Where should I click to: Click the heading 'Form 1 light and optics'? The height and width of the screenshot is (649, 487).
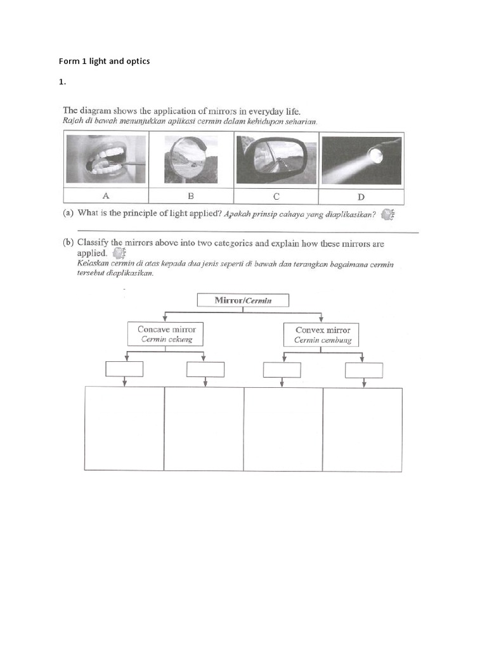pyautogui.click(x=104, y=61)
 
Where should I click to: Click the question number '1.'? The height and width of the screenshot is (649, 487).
pyautogui.click(x=62, y=82)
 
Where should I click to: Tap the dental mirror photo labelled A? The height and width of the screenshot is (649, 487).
pyautogui.click(x=106, y=159)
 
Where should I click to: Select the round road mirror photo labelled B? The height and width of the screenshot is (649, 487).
pyautogui.click(x=191, y=159)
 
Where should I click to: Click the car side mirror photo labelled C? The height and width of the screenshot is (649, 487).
pyautogui.click(x=276, y=159)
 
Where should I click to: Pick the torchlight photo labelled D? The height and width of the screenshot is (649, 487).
pyautogui.click(x=361, y=159)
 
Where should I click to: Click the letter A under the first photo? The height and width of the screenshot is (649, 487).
pyautogui.click(x=106, y=196)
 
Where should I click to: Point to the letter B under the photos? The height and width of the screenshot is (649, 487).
pyautogui.click(x=191, y=196)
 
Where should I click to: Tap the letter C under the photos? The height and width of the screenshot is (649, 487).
pyautogui.click(x=276, y=196)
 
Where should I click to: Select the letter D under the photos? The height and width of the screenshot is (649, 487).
pyautogui.click(x=361, y=196)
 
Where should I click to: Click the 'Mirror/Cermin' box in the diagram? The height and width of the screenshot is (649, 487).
pyautogui.click(x=243, y=300)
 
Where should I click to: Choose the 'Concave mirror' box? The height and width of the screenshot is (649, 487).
pyautogui.click(x=166, y=334)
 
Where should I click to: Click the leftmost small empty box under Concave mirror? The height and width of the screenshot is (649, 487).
pyautogui.click(x=124, y=369)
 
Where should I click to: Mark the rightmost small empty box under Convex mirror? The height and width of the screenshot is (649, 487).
pyautogui.click(x=363, y=369)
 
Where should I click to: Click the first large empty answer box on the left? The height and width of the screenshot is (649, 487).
pyautogui.click(x=124, y=428)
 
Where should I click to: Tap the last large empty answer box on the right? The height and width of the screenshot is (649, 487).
pyautogui.click(x=363, y=428)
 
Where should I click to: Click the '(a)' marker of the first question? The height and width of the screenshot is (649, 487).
pyautogui.click(x=68, y=214)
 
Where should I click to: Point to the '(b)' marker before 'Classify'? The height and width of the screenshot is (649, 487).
pyautogui.click(x=68, y=243)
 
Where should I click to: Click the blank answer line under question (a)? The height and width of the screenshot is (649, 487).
pyautogui.click(x=247, y=232)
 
